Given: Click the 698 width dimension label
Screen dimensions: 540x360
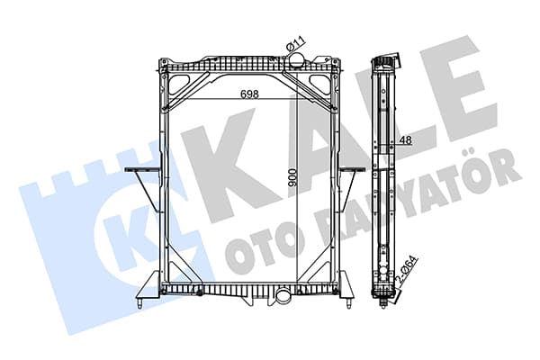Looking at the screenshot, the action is coord(249,94).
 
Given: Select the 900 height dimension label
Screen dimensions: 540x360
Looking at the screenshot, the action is coord(292,178).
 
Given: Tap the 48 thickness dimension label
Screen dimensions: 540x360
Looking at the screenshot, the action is coord(406,139).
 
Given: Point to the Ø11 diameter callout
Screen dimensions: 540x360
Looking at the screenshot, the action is coord(296,45).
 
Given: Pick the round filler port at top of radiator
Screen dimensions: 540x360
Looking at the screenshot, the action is coord(296,61).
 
